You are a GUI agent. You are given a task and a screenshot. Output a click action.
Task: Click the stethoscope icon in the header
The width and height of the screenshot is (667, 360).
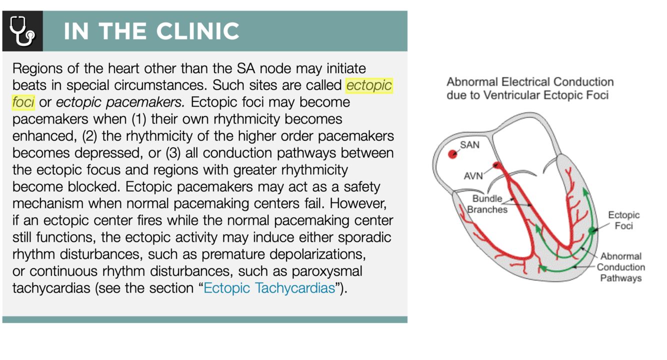tap(22, 31)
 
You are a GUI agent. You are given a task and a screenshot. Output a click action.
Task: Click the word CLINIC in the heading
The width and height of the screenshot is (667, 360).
tap(197, 31)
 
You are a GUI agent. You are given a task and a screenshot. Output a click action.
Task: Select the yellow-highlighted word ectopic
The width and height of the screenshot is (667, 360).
tap(369, 85)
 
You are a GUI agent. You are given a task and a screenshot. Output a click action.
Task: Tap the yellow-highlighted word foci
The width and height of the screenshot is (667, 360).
tap(23, 102)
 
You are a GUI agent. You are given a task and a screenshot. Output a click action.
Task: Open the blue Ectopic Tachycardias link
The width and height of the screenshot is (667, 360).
tap(269, 288)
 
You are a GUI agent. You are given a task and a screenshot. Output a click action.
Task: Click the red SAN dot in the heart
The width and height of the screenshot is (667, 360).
tap(453, 154)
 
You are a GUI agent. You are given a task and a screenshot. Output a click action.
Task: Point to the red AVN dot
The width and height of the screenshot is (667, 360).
tap(497, 165)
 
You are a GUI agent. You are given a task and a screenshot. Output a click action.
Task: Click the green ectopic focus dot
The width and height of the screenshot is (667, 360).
tap(592, 230)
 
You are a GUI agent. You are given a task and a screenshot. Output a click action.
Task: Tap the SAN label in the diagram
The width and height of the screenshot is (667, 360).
tap(470, 145)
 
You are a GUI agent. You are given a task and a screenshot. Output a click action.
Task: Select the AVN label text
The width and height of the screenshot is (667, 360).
tap(473, 176)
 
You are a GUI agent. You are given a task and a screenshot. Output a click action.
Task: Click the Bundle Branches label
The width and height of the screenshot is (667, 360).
tap(487, 204)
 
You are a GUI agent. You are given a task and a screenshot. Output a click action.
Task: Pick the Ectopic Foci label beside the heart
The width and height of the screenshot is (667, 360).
tap(623, 220)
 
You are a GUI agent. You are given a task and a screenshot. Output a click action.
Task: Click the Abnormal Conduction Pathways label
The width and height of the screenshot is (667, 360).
tap(620, 267)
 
